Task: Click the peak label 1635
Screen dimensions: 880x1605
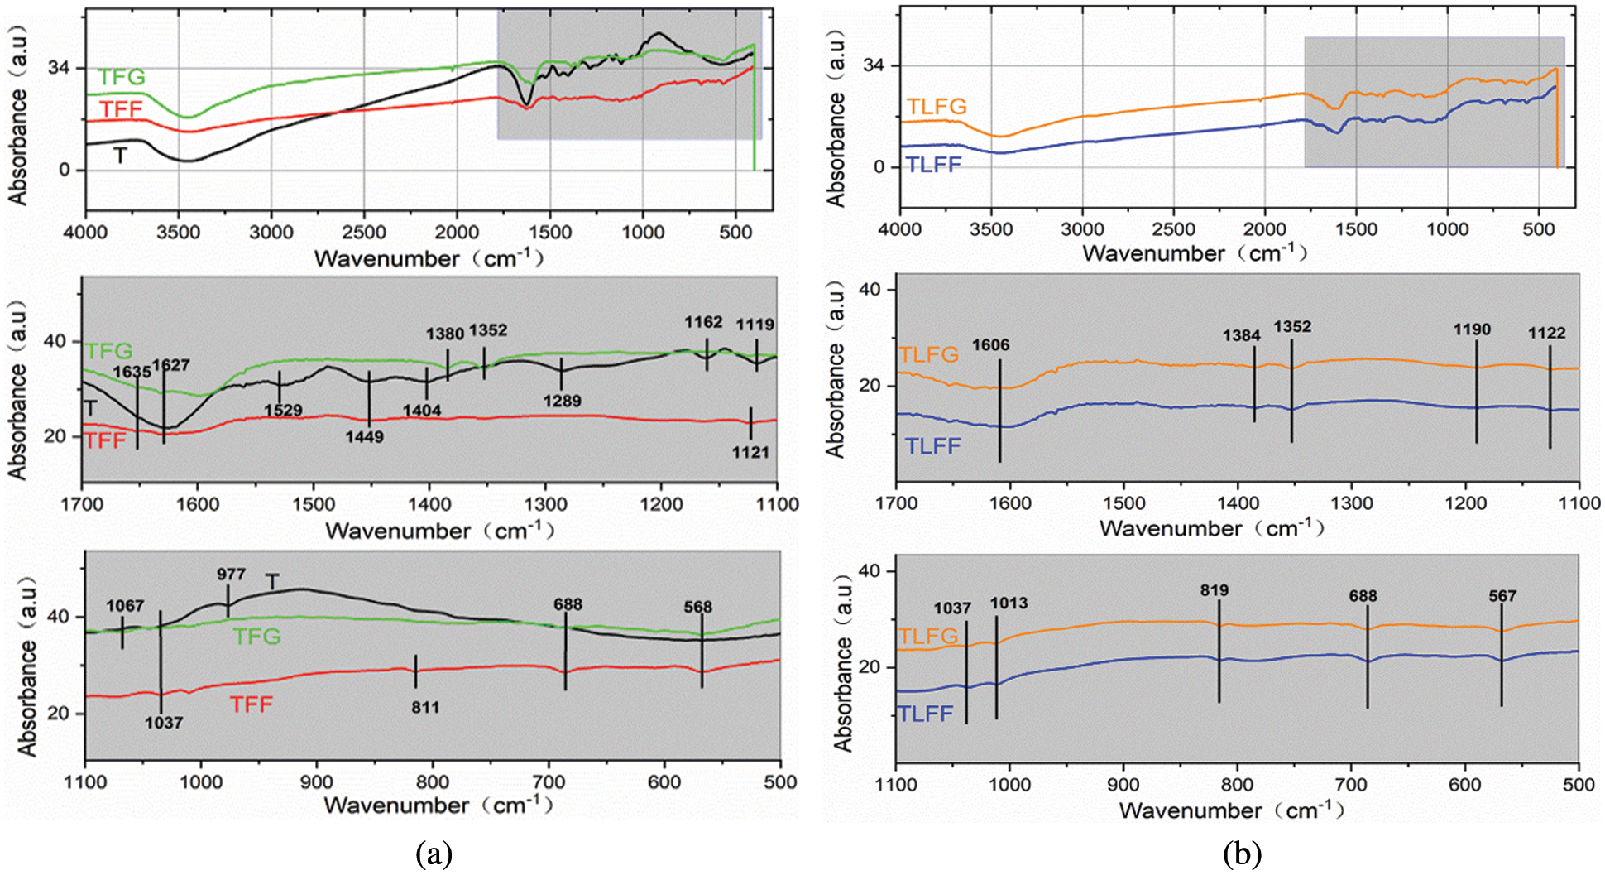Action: tap(132, 372)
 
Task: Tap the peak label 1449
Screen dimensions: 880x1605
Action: tap(365, 436)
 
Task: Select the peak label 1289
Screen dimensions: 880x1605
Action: tap(562, 401)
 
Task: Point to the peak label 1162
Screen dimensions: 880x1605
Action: tap(703, 322)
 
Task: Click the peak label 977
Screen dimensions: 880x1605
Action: tap(231, 574)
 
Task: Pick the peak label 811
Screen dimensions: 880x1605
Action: tap(424, 707)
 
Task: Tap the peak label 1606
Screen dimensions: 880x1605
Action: tap(990, 344)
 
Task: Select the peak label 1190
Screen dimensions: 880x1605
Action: tap(1472, 329)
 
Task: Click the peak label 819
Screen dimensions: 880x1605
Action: tap(1215, 590)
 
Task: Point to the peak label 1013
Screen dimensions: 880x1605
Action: tap(1009, 603)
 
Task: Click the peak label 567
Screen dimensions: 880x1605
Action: tap(1502, 595)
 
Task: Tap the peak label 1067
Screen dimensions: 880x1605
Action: tap(125, 606)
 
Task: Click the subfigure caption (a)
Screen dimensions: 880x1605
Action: tap(434, 854)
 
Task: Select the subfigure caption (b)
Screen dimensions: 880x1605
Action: tap(1242, 854)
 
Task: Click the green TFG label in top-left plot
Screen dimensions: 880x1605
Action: tap(122, 77)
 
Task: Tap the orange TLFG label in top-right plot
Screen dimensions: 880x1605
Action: tap(937, 106)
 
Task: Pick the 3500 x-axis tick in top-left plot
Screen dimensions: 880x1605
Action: tap(179, 232)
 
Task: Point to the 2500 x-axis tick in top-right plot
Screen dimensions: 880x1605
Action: tap(1173, 229)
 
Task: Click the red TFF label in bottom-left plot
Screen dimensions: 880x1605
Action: tap(251, 704)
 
